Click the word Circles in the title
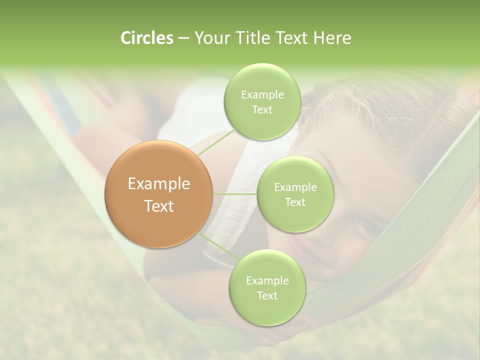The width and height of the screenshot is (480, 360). click(x=147, y=38)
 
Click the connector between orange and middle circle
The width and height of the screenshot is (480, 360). click(x=235, y=194)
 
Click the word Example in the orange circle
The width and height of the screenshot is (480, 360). click(x=159, y=184)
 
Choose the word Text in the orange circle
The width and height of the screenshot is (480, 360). click(x=159, y=206)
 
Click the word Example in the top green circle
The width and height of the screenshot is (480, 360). click(x=262, y=95)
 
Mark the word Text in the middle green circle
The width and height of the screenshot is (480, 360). click(x=295, y=202)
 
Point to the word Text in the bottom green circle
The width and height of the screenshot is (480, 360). click(x=267, y=296)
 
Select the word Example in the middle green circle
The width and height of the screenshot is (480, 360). click(x=295, y=187)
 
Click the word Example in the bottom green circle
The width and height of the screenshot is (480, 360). click(x=267, y=281)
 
